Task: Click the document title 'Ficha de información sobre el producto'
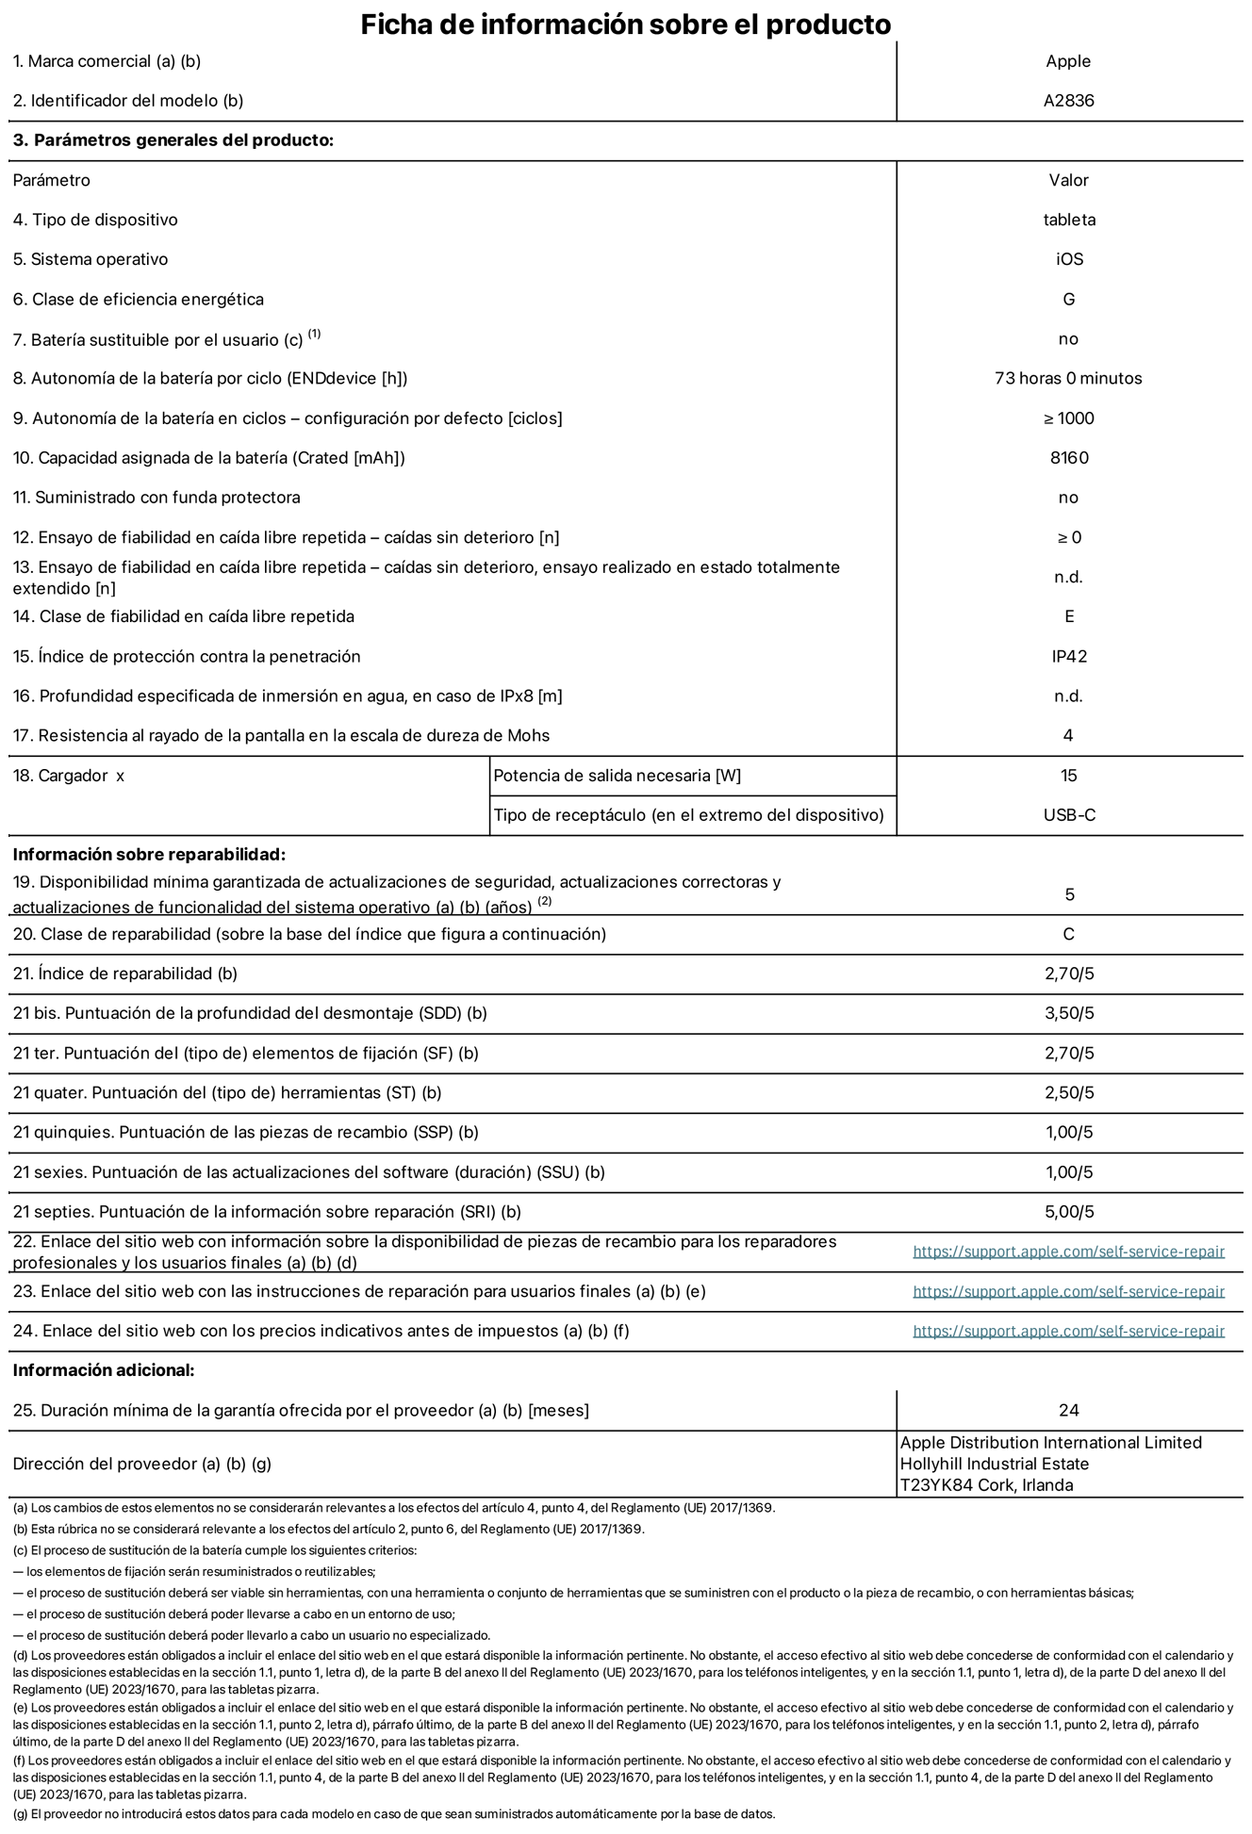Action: coord(625,24)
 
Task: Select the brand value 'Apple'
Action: coord(1067,61)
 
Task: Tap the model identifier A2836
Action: coord(1068,101)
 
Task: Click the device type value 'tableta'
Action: coord(1068,220)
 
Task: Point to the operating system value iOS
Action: coord(1068,259)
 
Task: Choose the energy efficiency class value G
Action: coord(1068,300)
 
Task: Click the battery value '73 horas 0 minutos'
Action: coord(1067,379)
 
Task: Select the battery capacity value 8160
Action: coord(1068,458)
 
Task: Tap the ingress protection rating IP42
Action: coord(1068,656)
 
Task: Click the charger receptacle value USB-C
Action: coord(1068,815)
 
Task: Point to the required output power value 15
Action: coord(1068,776)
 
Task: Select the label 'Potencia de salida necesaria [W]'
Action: coord(617,776)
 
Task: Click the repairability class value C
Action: coord(1068,934)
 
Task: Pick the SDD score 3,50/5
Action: coord(1068,1013)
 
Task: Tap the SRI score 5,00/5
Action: coord(1068,1212)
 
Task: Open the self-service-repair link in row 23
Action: coord(1068,1291)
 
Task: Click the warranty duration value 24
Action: coord(1068,1410)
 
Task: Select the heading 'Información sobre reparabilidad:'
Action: coord(148,855)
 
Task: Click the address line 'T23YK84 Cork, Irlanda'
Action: coord(985,1485)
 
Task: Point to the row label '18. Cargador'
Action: coord(69,776)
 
